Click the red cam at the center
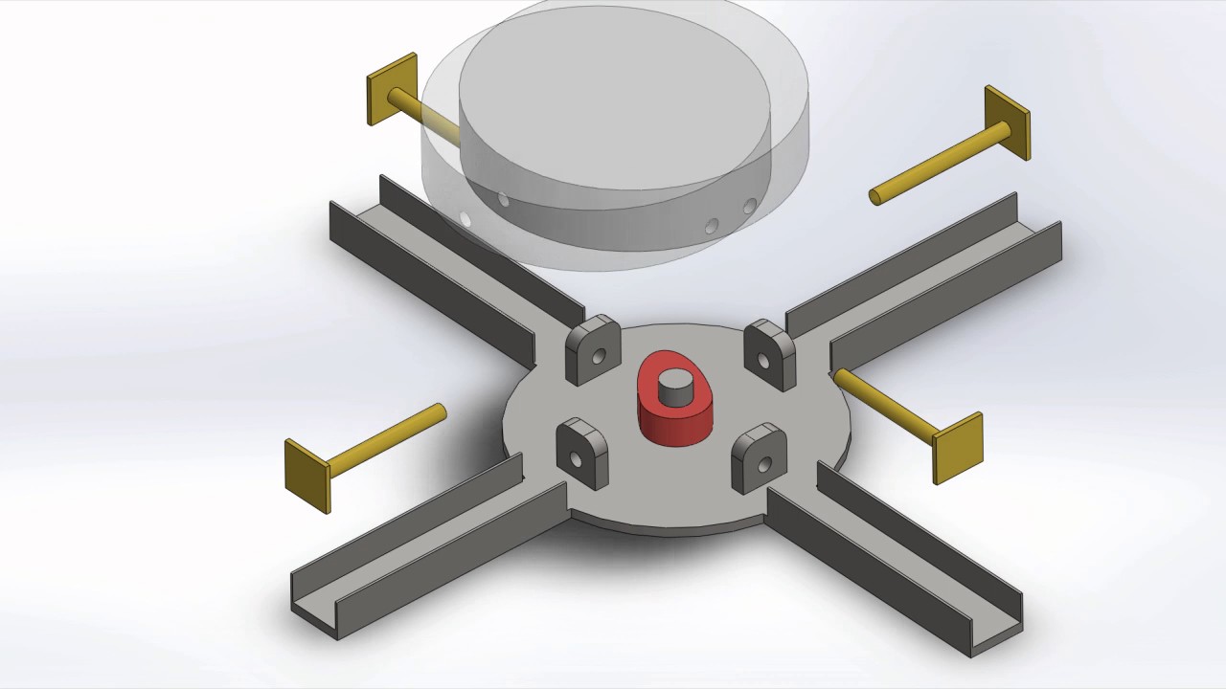pos(675,421)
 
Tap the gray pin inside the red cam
pos(677,388)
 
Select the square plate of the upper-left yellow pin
pos(392,89)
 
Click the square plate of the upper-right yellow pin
pos(1008,122)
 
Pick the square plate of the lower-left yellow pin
pos(307,476)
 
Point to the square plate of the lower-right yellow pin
pos(958,448)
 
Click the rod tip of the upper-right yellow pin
pos(875,197)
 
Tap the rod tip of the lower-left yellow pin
pos(440,412)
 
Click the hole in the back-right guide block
pos(765,362)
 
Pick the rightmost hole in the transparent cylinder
pos(750,206)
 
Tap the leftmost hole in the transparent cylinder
pos(465,220)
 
